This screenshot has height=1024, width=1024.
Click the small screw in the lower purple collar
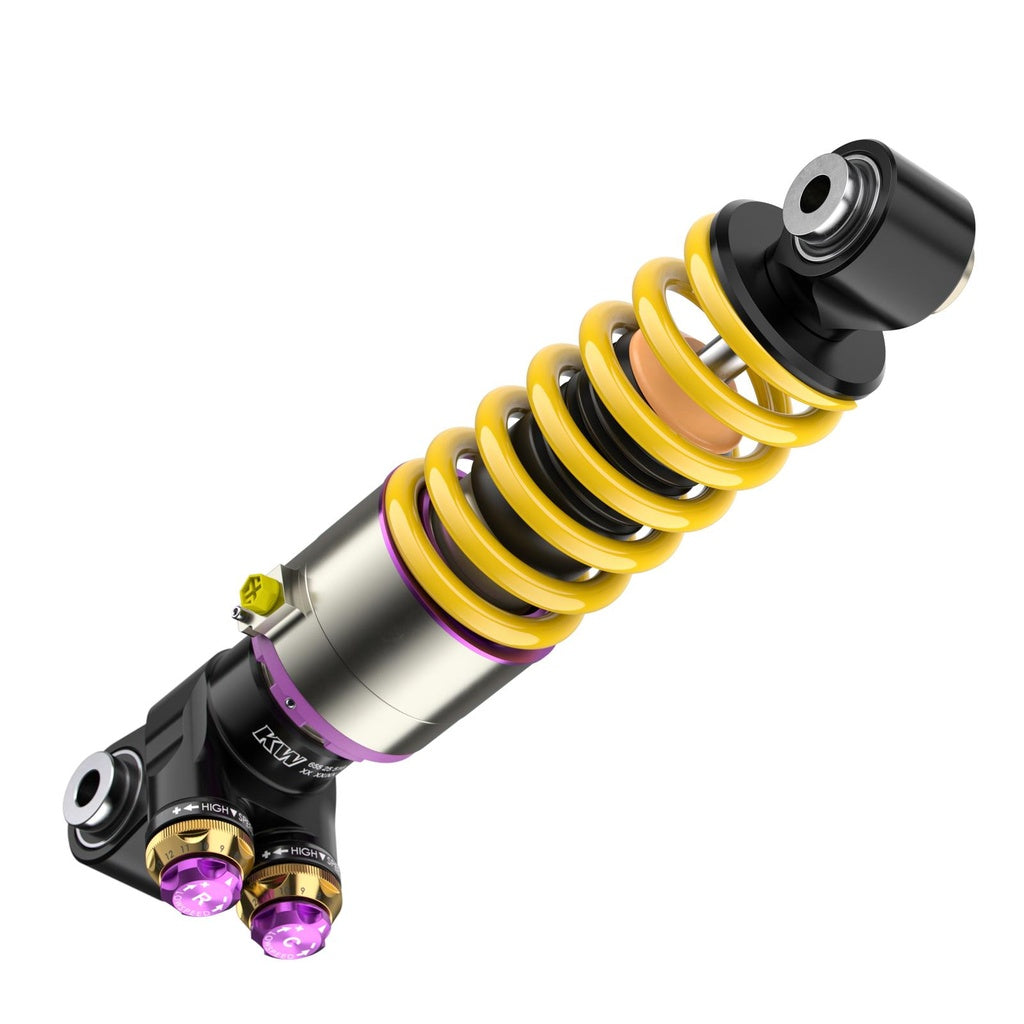[x=289, y=702]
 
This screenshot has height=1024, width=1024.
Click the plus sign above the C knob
[x=266, y=853]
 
